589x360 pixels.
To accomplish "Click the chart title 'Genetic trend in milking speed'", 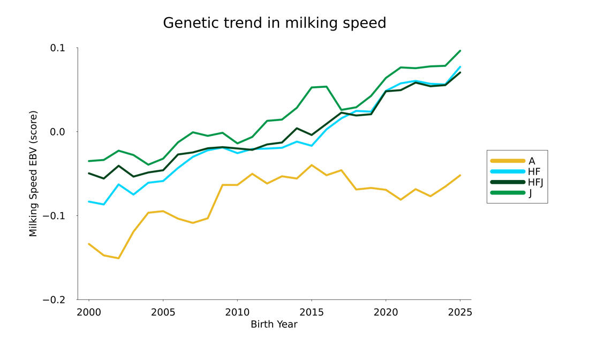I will (x=274, y=23).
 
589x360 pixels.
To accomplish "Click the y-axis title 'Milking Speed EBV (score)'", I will (x=33, y=174).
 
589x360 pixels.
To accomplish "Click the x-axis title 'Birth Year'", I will (x=274, y=324).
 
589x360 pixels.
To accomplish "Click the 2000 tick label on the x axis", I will (x=88, y=312).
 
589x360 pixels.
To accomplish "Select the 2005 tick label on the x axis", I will (x=163, y=312).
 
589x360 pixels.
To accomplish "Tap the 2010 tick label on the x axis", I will (x=237, y=312).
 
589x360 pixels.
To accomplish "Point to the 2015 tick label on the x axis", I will (x=311, y=312).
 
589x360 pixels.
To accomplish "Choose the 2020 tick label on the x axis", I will (x=386, y=312).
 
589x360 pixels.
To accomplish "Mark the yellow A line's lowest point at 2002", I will (x=118, y=258).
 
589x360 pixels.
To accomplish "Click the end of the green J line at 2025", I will (x=460, y=51).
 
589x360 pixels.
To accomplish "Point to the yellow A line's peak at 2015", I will (x=311, y=165).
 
